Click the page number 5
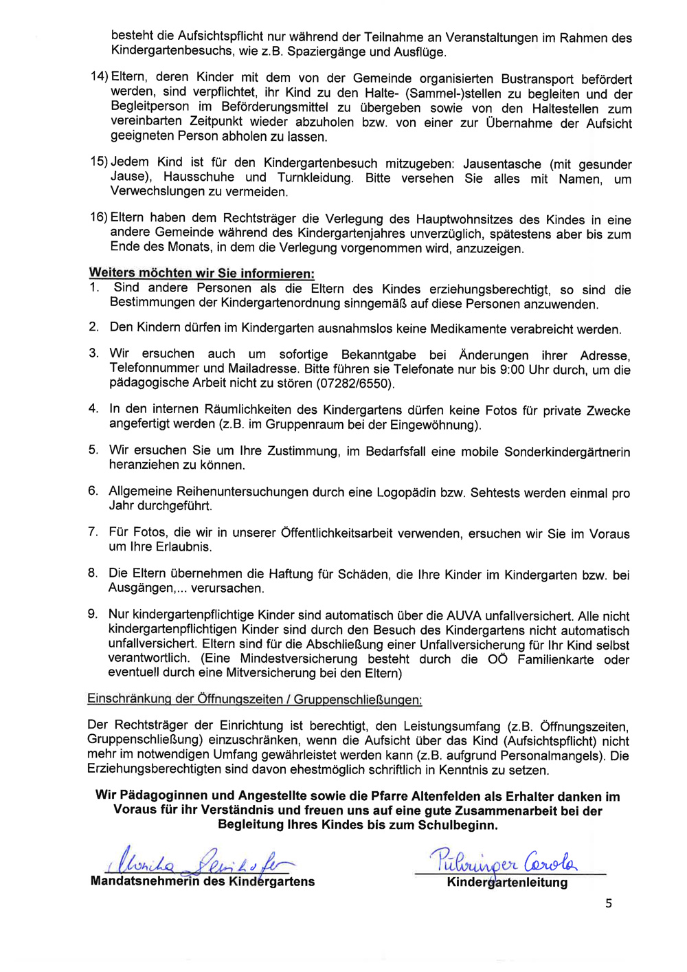pos(609,903)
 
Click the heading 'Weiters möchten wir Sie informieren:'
pos(202,273)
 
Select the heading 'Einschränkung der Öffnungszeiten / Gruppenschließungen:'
pos(254,699)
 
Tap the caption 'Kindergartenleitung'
pos(507,883)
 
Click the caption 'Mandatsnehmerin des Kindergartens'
pos(203,881)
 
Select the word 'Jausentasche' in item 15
pos(502,164)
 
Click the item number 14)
pos(100,77)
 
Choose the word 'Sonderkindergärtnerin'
pos(567,452)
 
